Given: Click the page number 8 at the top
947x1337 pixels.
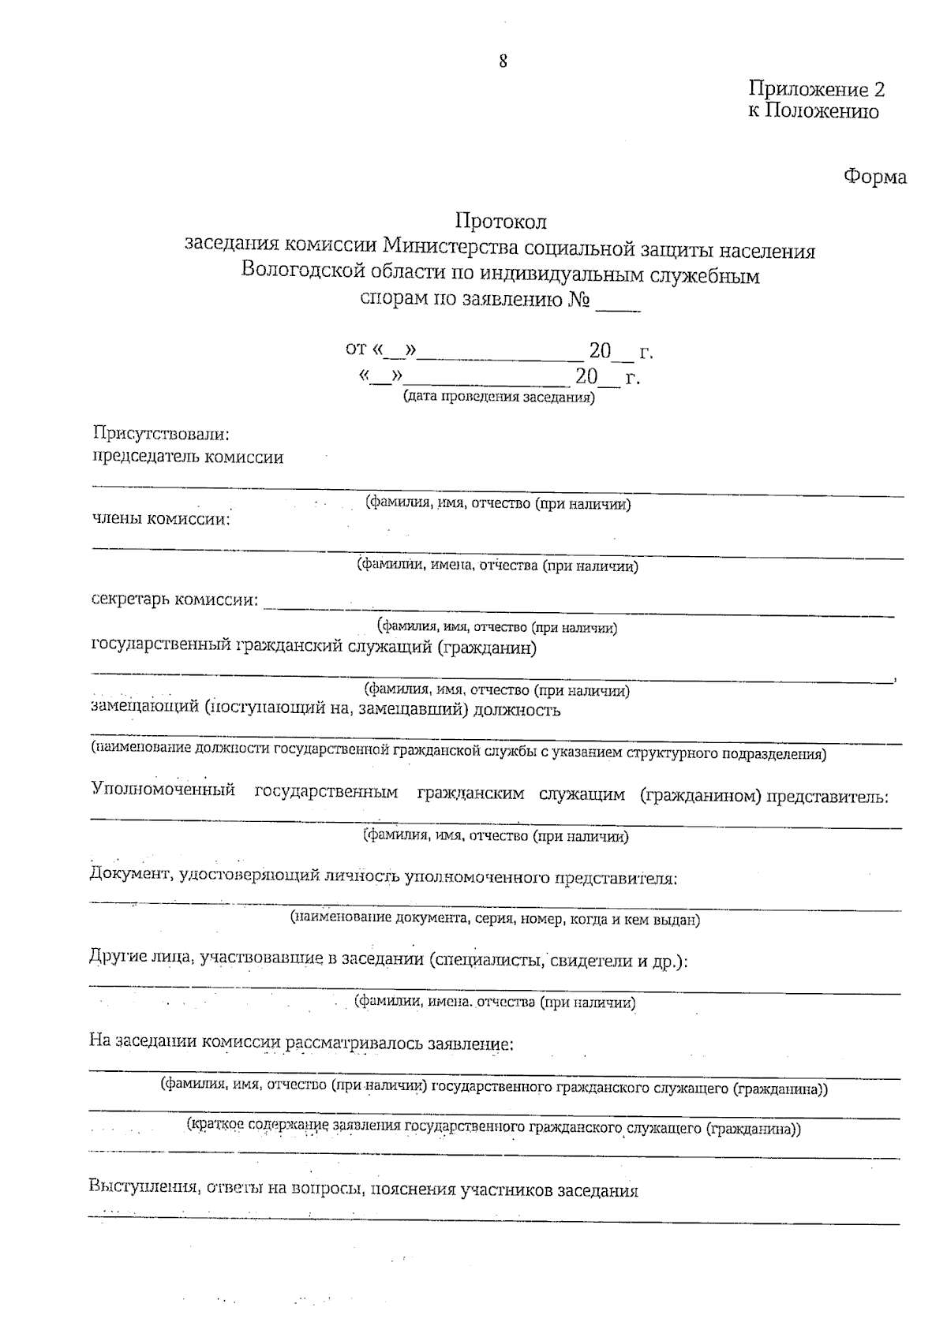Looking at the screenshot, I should [503, 62].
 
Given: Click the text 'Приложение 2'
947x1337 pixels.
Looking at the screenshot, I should [817, 89].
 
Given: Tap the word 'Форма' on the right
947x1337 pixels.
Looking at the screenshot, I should [875, 177].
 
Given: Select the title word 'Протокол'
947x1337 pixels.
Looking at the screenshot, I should [500, 222].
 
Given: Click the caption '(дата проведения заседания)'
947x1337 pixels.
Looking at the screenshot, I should [499, 397].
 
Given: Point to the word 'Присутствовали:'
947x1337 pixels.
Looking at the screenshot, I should [161, 434].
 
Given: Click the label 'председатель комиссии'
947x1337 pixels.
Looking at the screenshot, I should [188, 457].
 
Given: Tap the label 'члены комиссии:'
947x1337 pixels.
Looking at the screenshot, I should [161, 518].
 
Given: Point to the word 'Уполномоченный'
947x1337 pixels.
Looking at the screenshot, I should [163, 790].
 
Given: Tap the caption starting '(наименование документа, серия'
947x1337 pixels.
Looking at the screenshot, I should [495, 919].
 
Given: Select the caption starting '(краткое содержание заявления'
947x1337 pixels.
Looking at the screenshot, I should [493, 1129].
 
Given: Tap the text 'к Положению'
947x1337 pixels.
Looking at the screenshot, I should [813, 111].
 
